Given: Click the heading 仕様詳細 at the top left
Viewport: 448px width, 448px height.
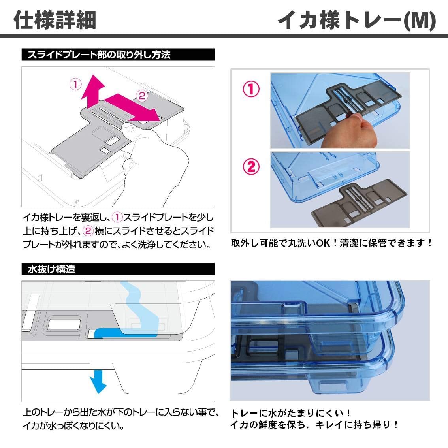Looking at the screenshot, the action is click(55, 20).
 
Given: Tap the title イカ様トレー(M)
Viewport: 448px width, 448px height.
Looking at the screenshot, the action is click(357, 20).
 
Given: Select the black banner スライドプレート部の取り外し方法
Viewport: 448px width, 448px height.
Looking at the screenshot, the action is click(118, 55).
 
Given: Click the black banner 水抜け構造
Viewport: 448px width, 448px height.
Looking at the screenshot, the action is click(118, 269).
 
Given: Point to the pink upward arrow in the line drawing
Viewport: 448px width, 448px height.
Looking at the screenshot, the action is click(92, 92).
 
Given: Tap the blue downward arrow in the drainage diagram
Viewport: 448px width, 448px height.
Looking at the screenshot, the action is click(98, 381).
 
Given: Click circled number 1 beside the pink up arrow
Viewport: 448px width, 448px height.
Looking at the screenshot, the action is click(76, 84).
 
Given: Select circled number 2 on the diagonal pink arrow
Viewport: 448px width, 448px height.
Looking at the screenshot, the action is click(142, 96).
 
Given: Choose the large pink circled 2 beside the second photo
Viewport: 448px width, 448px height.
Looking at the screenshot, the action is click(251, 167).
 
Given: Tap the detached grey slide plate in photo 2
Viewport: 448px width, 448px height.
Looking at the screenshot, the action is click(359, 203).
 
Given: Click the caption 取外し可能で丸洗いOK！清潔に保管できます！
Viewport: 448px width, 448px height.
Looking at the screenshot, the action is click(332, 243).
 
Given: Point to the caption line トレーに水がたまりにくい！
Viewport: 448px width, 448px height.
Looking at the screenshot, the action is click(291, 413).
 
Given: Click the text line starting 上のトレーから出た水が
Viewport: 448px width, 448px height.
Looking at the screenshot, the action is click(121, 412).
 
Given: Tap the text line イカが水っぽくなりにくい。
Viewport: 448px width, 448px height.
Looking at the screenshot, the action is click(73, 426).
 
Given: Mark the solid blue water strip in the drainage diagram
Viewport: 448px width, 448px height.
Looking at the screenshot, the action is click(126, 333).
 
